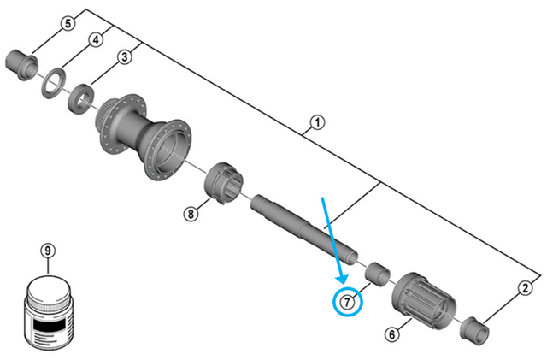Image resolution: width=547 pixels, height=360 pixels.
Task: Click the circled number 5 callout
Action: tap(68, 23)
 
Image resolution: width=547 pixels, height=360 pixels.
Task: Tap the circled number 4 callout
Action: tap(96, 40)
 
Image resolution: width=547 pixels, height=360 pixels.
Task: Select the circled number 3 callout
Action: tap(125, 57)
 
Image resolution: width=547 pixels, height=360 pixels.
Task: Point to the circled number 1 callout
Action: tap(317, 123)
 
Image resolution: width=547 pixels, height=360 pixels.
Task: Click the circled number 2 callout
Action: tap(525, 288)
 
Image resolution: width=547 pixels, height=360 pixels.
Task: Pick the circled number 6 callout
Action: tap(392, 334)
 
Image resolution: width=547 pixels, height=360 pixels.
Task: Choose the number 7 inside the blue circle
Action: tap(348, 302)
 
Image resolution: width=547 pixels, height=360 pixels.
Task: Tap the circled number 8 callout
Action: tap(191, 213)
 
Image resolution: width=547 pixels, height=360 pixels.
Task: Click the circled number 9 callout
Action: tap(48, 251)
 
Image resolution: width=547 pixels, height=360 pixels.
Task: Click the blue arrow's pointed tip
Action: tap(343, 284)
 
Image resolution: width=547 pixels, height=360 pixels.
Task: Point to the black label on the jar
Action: tap(49, 324)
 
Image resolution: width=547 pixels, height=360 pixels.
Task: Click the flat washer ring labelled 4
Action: tap(53, 84)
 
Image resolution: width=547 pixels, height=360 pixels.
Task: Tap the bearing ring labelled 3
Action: tap(81, 98)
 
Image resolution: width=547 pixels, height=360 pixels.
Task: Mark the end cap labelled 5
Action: tap(21, 65)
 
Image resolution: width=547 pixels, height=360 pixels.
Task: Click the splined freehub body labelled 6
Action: tap(424, 301)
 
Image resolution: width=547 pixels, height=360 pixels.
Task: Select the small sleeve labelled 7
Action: tap(378, 274)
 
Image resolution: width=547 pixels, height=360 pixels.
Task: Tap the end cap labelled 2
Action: tap(474, 330)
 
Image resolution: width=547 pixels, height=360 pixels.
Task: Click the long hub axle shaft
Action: tap(304, 229)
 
